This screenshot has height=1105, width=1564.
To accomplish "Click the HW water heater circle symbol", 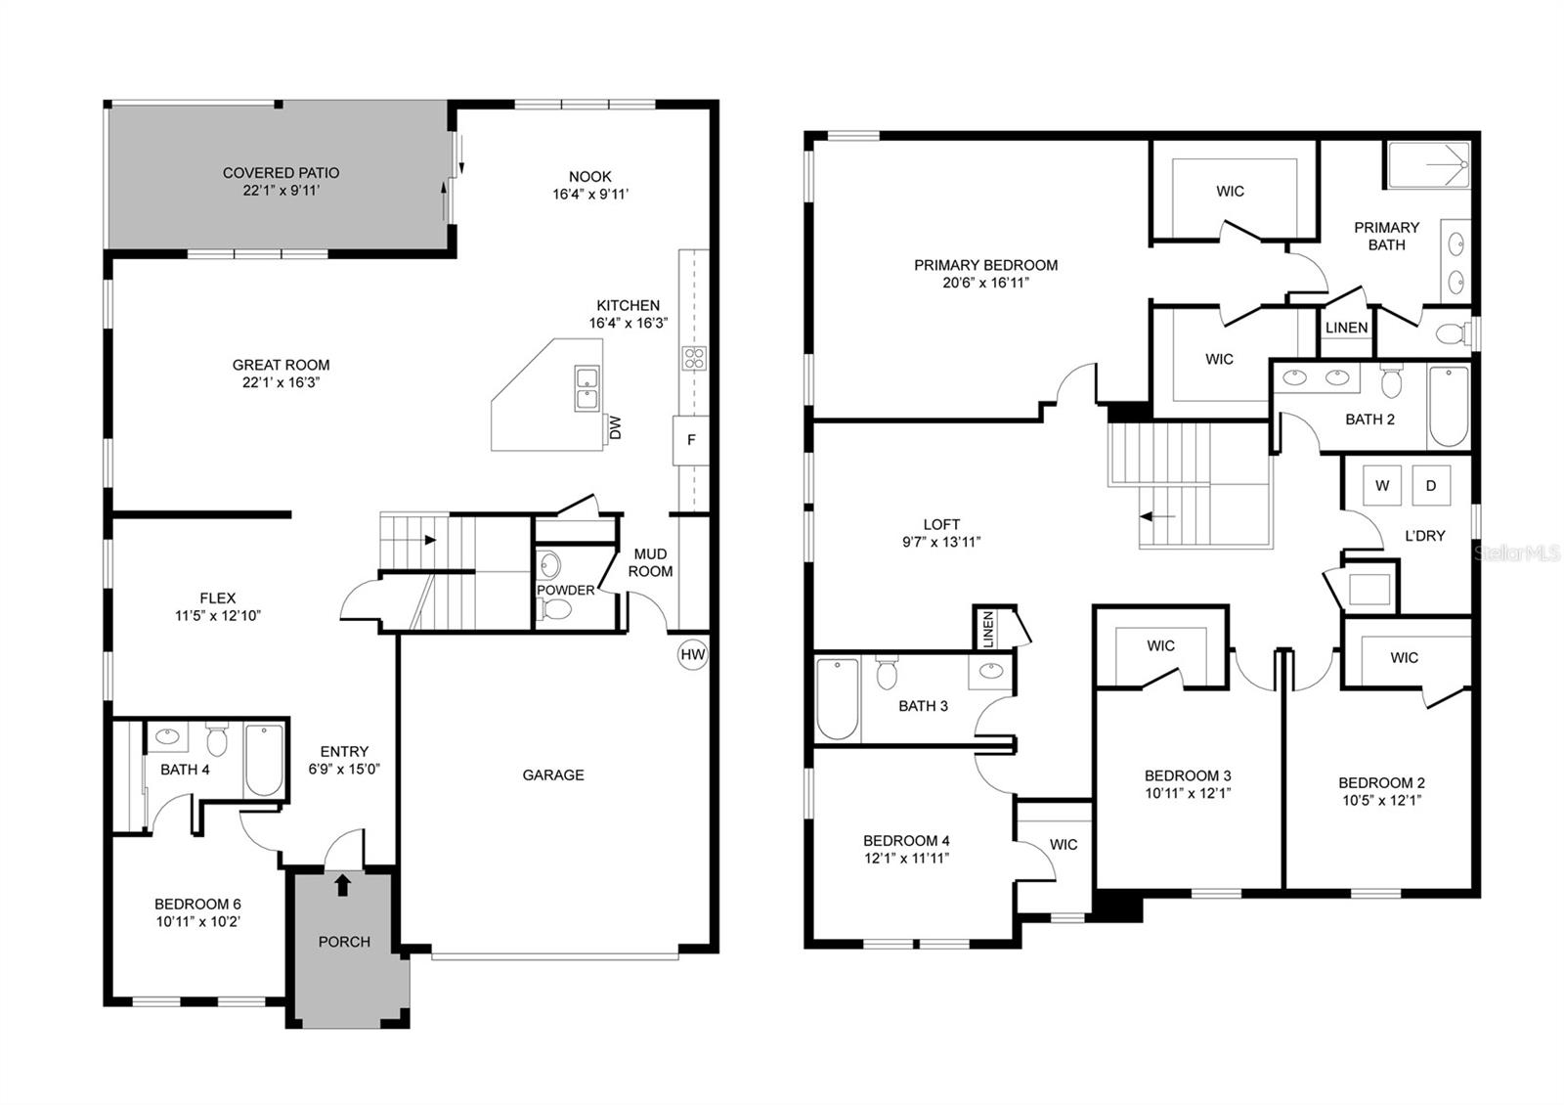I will click(692, 655).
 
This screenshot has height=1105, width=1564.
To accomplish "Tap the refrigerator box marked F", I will click(691, 440).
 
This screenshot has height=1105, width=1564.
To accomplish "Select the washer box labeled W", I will click(1382, 485).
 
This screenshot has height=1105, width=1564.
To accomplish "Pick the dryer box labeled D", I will click(1431, 485).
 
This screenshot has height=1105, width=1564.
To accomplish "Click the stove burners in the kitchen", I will click(694, 359).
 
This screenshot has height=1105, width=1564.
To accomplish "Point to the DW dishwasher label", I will click(615, 427).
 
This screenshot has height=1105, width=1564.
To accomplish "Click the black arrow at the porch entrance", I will click(342, 885).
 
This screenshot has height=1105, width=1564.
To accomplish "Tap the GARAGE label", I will click(553, 774).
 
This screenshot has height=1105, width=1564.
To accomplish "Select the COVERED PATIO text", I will click(281, 173).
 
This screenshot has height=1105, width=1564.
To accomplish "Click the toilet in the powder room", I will click(556, 610).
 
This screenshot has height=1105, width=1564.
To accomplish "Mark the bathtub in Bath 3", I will click(837, 698).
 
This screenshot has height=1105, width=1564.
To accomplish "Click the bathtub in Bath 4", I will click(263, 760).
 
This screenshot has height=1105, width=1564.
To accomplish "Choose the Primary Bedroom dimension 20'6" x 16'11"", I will click(985, 283).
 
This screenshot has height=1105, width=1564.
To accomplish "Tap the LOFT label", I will click(941, 524).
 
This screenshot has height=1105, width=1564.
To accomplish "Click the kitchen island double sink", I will click(587, 388).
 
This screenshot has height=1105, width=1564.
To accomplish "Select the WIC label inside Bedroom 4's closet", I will click(1064, 844).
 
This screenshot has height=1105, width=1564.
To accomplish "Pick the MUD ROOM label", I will click(650, 562).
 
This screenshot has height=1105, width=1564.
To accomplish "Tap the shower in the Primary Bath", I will click(1428, 165).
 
